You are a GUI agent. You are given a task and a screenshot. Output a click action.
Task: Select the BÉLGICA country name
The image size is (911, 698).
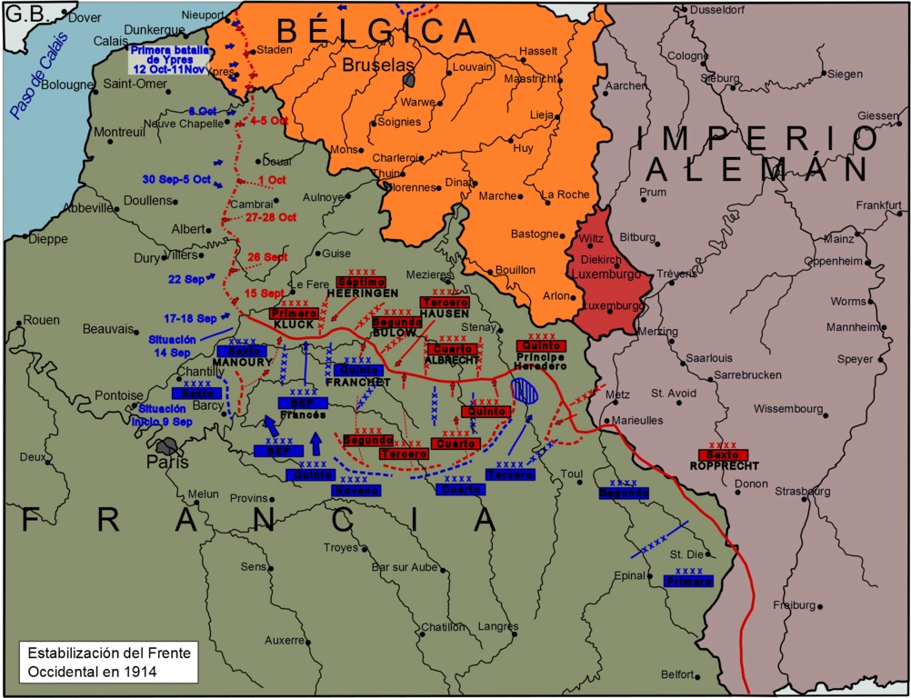[376, 30]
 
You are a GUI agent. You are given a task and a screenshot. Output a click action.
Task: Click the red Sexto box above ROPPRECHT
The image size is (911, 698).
[723, 454]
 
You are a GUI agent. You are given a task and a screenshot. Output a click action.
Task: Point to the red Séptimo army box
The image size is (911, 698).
[361, 282]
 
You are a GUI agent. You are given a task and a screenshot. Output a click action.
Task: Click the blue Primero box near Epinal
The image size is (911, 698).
[688, 581]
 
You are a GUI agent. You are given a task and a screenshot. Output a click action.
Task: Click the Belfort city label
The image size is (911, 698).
[676, 674]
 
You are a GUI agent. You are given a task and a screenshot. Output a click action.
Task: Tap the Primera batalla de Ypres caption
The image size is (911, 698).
[168, 60]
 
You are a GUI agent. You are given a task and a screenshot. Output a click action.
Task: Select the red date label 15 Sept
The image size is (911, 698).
[265, 294]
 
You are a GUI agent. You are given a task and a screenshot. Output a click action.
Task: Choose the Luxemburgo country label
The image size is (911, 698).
[611, 274]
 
